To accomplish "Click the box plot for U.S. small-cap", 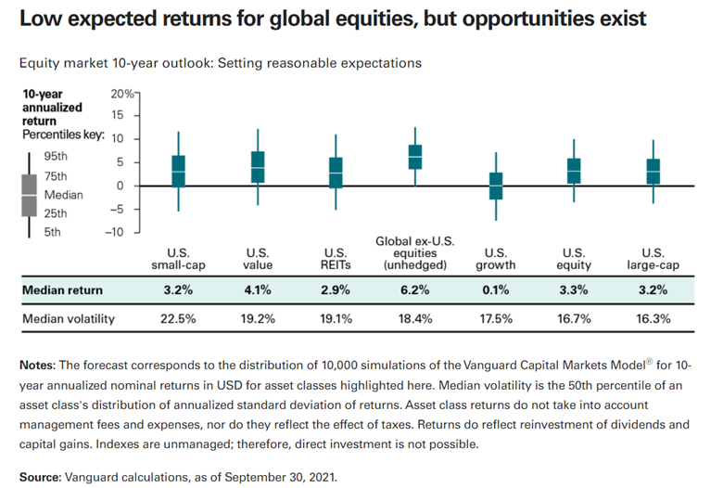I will point(178,172).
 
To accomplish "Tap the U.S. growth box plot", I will point(496,186).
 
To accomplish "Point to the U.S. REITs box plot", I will point(336,173).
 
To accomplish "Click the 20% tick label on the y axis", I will point(121,94).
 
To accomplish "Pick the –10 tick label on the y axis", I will point(120,232).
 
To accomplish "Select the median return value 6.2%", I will point(414,290).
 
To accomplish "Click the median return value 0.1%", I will point(496,290).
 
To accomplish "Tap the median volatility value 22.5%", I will point(177,320).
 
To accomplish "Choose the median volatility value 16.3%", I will point(655,320).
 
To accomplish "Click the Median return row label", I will point(62,290).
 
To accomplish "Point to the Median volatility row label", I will point(68,320).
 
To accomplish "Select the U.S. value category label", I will point(258,258).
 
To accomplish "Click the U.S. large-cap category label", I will point(655,258).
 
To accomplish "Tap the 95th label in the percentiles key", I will point(56,158).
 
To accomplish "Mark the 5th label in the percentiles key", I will point(53,231).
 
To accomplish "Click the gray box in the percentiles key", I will point(30,195).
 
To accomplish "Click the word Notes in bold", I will point(37,365).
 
